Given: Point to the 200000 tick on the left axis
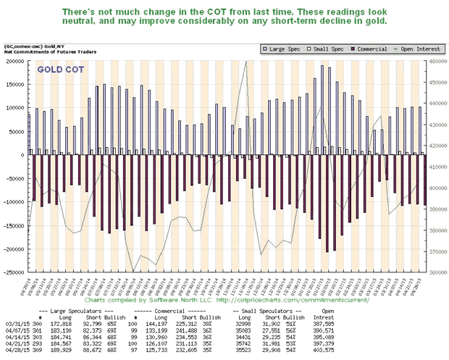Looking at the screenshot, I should point(14,62).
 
